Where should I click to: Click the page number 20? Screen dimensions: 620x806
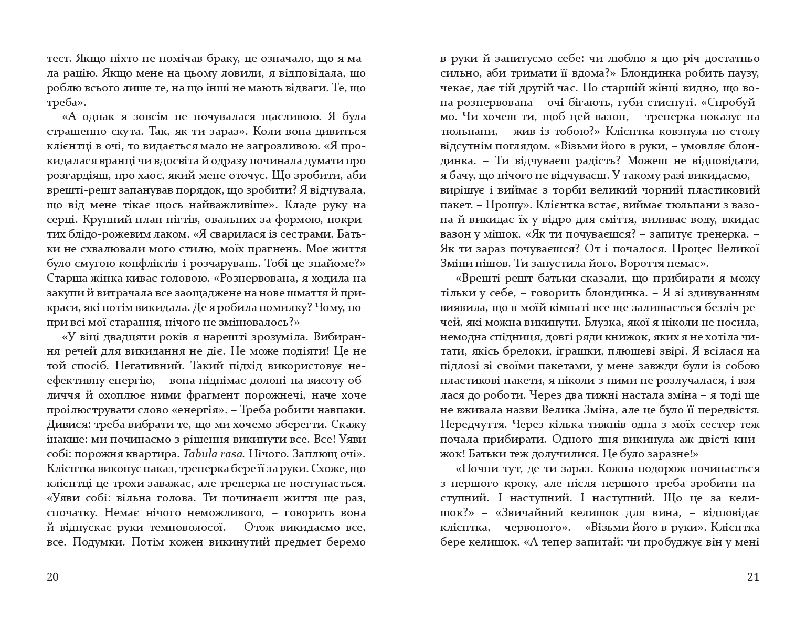(52, 578)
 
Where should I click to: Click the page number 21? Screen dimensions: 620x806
(752, 578)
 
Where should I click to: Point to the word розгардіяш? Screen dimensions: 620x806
(77, 175)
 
